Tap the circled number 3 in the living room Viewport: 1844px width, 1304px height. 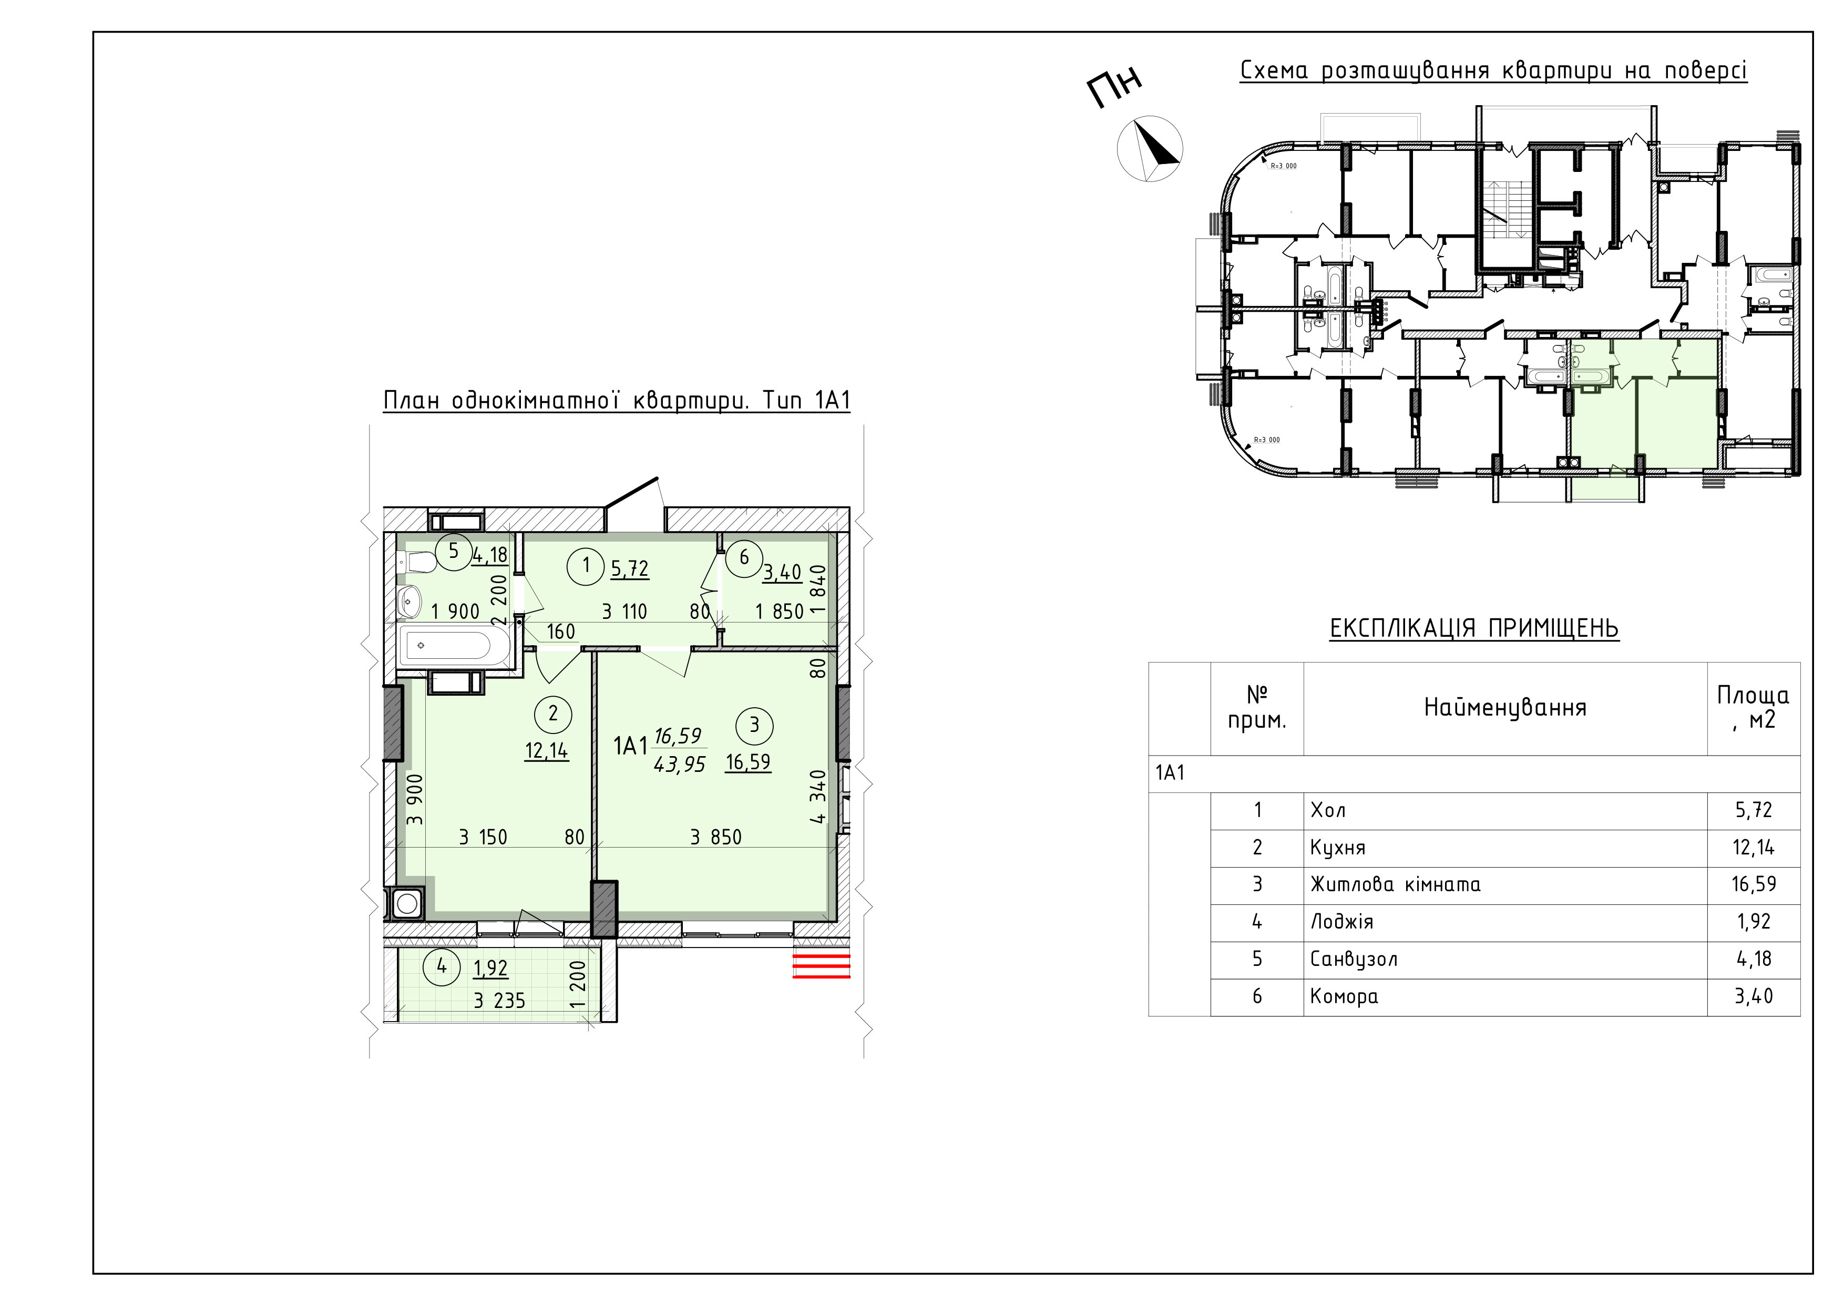(754, 726)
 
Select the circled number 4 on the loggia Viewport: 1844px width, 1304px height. (442, 966)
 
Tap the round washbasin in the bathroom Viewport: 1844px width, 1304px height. (411, 600)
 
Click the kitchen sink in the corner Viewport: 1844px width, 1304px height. (406, 903)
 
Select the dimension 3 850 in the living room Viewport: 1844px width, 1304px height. (715, 837)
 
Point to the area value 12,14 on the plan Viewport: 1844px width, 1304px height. (546, 751)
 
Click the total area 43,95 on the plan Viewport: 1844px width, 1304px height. (680, 765)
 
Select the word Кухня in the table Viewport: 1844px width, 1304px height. (1338, 848)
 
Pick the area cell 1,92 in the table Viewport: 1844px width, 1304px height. (1753, 922)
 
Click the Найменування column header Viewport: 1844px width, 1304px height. (1505, 708)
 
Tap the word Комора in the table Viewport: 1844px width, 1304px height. (1344, 997)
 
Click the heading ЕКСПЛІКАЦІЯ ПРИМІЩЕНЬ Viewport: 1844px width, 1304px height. (1474, 627)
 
